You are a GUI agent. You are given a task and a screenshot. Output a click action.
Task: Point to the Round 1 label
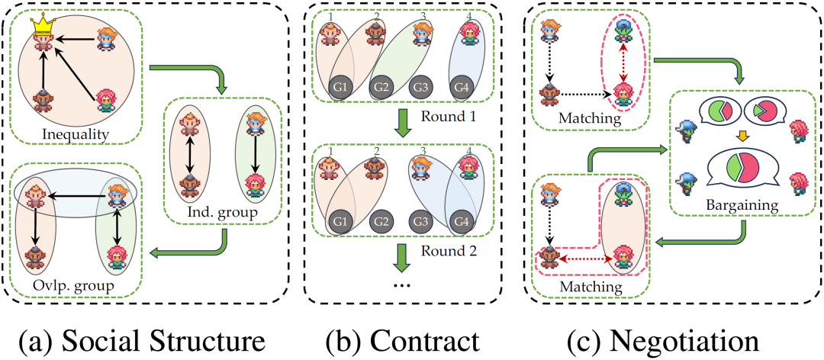(449, 116)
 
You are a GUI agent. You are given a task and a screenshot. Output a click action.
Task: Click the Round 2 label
(449, 250)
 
